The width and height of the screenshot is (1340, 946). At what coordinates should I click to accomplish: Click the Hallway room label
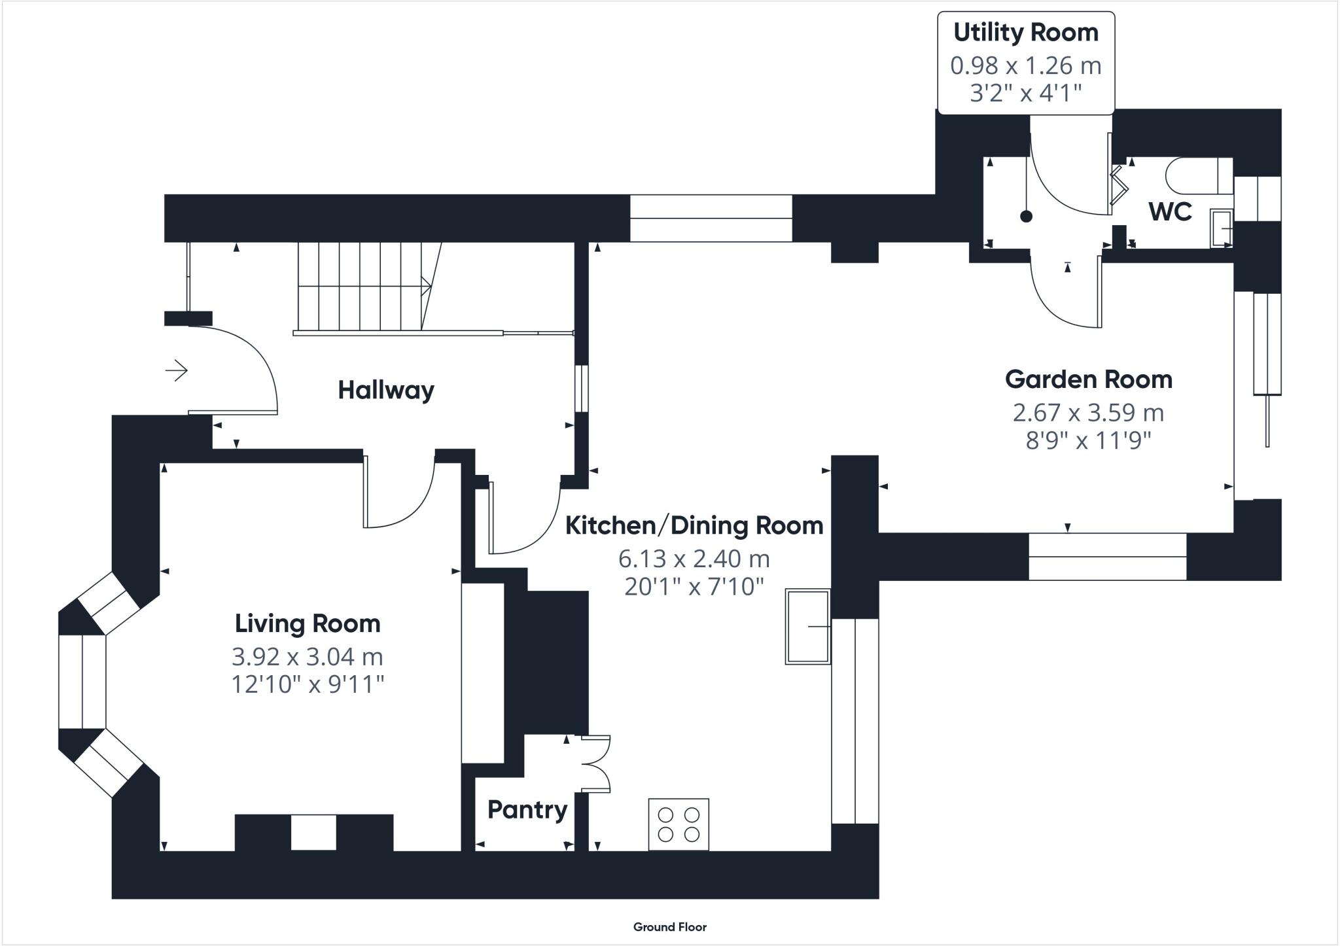(386, 391)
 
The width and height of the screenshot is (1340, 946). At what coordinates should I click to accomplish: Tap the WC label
(1171, 212)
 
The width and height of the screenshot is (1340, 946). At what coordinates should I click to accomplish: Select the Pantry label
(527, 810)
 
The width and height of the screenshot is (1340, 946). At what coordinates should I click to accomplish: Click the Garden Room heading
(1089, 379)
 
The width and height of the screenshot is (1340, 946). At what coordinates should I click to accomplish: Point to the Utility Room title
(1026, 33)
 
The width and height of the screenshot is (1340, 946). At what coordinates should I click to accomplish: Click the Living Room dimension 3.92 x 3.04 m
(308, 656)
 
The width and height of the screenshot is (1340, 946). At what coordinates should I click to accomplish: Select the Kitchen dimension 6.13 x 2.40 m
(694, 559)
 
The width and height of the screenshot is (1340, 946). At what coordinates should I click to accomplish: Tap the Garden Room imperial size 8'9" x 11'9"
(1089, 440)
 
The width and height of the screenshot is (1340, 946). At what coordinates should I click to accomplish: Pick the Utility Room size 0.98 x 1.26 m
(1026, 65)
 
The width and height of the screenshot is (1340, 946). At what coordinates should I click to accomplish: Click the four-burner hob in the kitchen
(679, 824)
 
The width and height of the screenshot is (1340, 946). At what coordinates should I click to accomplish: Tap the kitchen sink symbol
(808, 627)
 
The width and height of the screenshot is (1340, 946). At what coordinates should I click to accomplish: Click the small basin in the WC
(1222, 228)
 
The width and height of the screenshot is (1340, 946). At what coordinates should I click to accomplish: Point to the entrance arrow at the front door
(177, 371)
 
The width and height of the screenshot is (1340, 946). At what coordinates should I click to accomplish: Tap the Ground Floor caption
(670, 926)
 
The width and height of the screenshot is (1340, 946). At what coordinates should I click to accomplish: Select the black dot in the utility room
(1026, 217)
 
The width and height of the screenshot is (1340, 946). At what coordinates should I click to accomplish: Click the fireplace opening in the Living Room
(313, 832)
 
